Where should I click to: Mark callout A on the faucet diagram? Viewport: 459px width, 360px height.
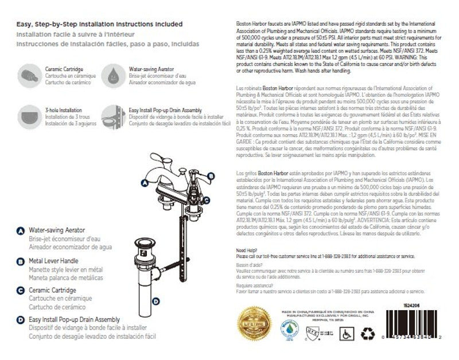[145, 182]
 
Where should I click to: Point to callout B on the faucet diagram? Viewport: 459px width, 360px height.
[211, 176]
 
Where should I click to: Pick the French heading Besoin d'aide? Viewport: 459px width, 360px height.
[247, 265]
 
